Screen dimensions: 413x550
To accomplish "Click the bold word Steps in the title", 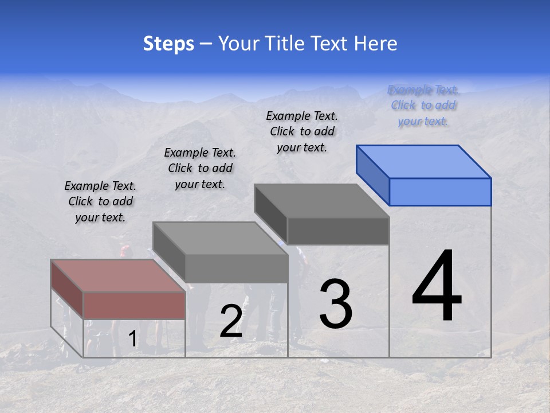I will point(168,44).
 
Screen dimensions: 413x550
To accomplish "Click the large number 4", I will point(437,287).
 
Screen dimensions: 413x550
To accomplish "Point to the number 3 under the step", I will point(336,304).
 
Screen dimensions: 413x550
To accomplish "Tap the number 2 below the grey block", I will point(231,321).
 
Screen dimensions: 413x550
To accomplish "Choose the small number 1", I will point(132,339).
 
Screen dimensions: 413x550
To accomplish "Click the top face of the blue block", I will point(424,161).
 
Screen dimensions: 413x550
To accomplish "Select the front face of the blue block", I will point(440,192).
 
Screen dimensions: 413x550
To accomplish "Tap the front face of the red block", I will point(134,305).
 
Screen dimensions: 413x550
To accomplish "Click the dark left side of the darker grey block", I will point(270,215).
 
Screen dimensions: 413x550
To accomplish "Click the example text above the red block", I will point(100,202).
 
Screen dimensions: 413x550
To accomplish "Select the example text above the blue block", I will point(423,106).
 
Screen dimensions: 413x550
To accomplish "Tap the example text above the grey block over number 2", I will point(200,168).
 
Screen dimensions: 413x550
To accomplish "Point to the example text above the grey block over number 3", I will point(302,131).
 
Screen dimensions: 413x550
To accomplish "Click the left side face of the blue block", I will point(372,174).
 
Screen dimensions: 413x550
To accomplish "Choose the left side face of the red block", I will point(67,289).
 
